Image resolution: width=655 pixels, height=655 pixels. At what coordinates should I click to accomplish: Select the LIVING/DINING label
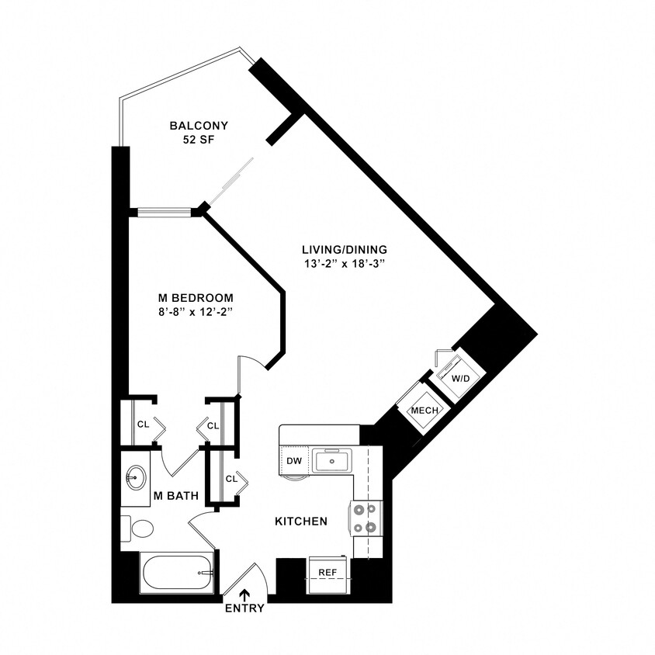(x=345, y=250)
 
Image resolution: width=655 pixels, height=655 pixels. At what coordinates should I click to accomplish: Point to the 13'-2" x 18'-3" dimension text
(x=345, y=265)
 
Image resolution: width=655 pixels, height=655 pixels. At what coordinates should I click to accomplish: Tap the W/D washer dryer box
(x=461, y=378)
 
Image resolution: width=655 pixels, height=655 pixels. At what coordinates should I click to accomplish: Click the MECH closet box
(x=425, y=411)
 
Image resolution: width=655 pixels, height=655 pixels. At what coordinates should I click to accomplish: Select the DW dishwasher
(x=293, y=461)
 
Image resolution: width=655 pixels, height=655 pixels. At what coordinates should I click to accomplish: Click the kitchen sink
(x=332, y=461)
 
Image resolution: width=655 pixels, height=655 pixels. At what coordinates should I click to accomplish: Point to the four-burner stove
(x=368, y=518)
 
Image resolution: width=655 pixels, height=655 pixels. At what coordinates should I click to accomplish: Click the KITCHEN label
(x=301, y=522)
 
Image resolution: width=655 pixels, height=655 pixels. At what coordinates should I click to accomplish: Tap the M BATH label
(x=175, y=496)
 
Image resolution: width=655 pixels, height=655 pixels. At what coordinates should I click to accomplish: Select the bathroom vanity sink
(x=137, y=476)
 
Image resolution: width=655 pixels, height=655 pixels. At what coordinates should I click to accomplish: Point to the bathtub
(x=176, y=573)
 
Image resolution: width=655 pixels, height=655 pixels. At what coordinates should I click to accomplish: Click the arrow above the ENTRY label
(x=245, y=595)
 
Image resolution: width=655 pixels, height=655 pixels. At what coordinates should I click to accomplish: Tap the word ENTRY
(x=245, y=608)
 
